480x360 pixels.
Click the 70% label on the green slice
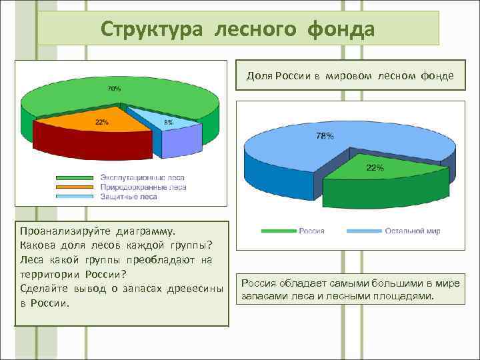click(115, 89)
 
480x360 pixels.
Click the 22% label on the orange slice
click(102, 122)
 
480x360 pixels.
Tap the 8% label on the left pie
click(169, 123)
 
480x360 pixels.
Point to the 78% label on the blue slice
click(325, 136)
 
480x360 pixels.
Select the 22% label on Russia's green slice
click(375, 168)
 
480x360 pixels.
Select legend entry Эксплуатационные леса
click(142, 178)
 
